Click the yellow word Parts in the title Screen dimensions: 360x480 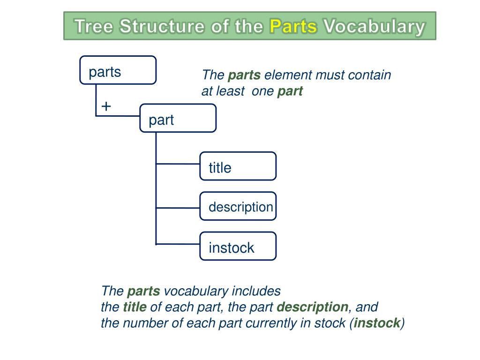(294, 26)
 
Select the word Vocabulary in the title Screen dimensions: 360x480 (374, 26)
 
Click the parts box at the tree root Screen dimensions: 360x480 (118, 70)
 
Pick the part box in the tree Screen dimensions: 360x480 (178, 118)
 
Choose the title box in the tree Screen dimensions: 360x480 (238, 166)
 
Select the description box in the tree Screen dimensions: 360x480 (238, 206)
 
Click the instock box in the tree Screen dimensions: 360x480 (238, 246)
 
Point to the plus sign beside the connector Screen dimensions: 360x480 (106, 106)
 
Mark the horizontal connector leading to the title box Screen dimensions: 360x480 (178, 164)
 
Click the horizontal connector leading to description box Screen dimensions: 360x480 (178, 208)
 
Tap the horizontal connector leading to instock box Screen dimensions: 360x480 (178, 244)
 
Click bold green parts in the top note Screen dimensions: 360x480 (244, 75)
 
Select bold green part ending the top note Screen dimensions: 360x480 (290, 91)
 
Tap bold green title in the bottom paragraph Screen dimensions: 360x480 (135, 307)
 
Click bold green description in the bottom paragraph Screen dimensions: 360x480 (312, 307)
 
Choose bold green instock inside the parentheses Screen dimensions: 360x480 (377, 323)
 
